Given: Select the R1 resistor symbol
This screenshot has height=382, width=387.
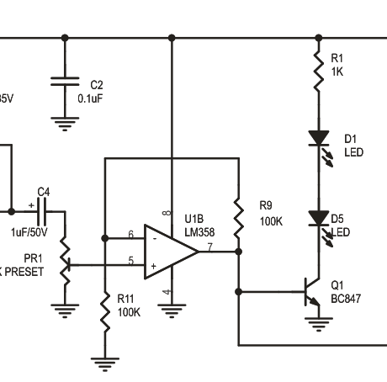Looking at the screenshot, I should [318, 71].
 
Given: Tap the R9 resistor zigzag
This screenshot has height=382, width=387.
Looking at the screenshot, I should [238, 217].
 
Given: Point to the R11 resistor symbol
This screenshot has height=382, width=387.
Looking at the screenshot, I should [105, 311].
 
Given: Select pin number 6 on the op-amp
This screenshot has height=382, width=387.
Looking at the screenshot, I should [130, 234].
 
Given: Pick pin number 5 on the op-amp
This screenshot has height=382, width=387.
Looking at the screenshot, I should [130, 261].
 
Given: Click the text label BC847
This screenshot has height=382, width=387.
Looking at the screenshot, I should [346, 298].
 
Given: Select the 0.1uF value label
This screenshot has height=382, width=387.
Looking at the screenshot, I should [90, 98].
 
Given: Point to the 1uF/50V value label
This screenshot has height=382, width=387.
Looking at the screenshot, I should [29, 232].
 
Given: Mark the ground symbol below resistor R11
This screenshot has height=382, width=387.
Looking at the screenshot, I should [105, 363].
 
